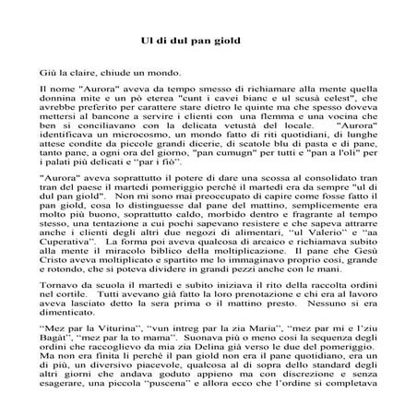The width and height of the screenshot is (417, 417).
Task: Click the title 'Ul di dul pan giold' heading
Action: [x=208, y=42]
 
